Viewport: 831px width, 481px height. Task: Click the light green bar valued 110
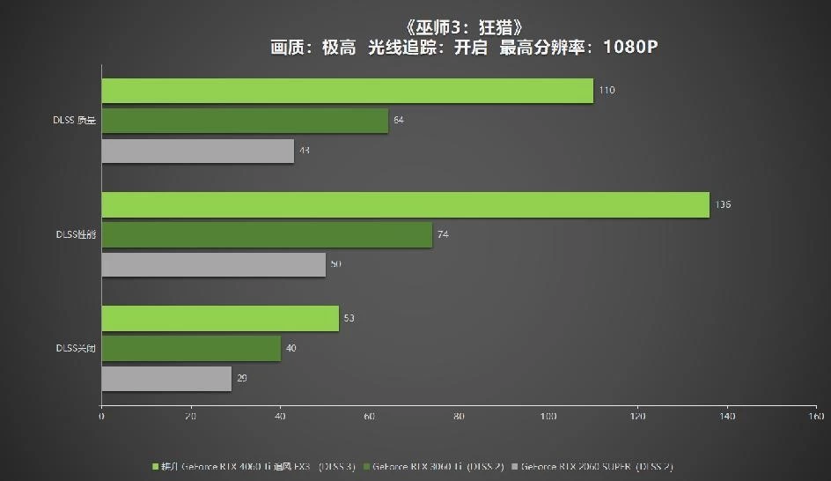347,91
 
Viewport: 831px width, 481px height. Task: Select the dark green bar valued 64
245,121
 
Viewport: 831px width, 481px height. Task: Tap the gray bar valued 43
197,151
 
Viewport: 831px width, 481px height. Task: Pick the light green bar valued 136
405,204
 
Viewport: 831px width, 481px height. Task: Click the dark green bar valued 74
267,234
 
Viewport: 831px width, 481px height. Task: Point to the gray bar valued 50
213,264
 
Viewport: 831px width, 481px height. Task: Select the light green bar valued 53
220,318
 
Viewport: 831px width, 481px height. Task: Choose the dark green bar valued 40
191,348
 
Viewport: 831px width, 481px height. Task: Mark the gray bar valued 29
166,379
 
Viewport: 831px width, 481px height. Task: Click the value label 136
724,204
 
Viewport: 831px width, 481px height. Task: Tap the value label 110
607,91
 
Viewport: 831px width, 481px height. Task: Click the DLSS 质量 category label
75,121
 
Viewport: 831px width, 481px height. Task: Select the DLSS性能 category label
75,234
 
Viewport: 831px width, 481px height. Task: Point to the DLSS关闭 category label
75,348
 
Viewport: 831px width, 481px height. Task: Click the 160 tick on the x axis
816,416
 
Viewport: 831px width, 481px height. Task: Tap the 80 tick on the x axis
459,416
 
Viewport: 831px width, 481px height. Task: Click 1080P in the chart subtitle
630,48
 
